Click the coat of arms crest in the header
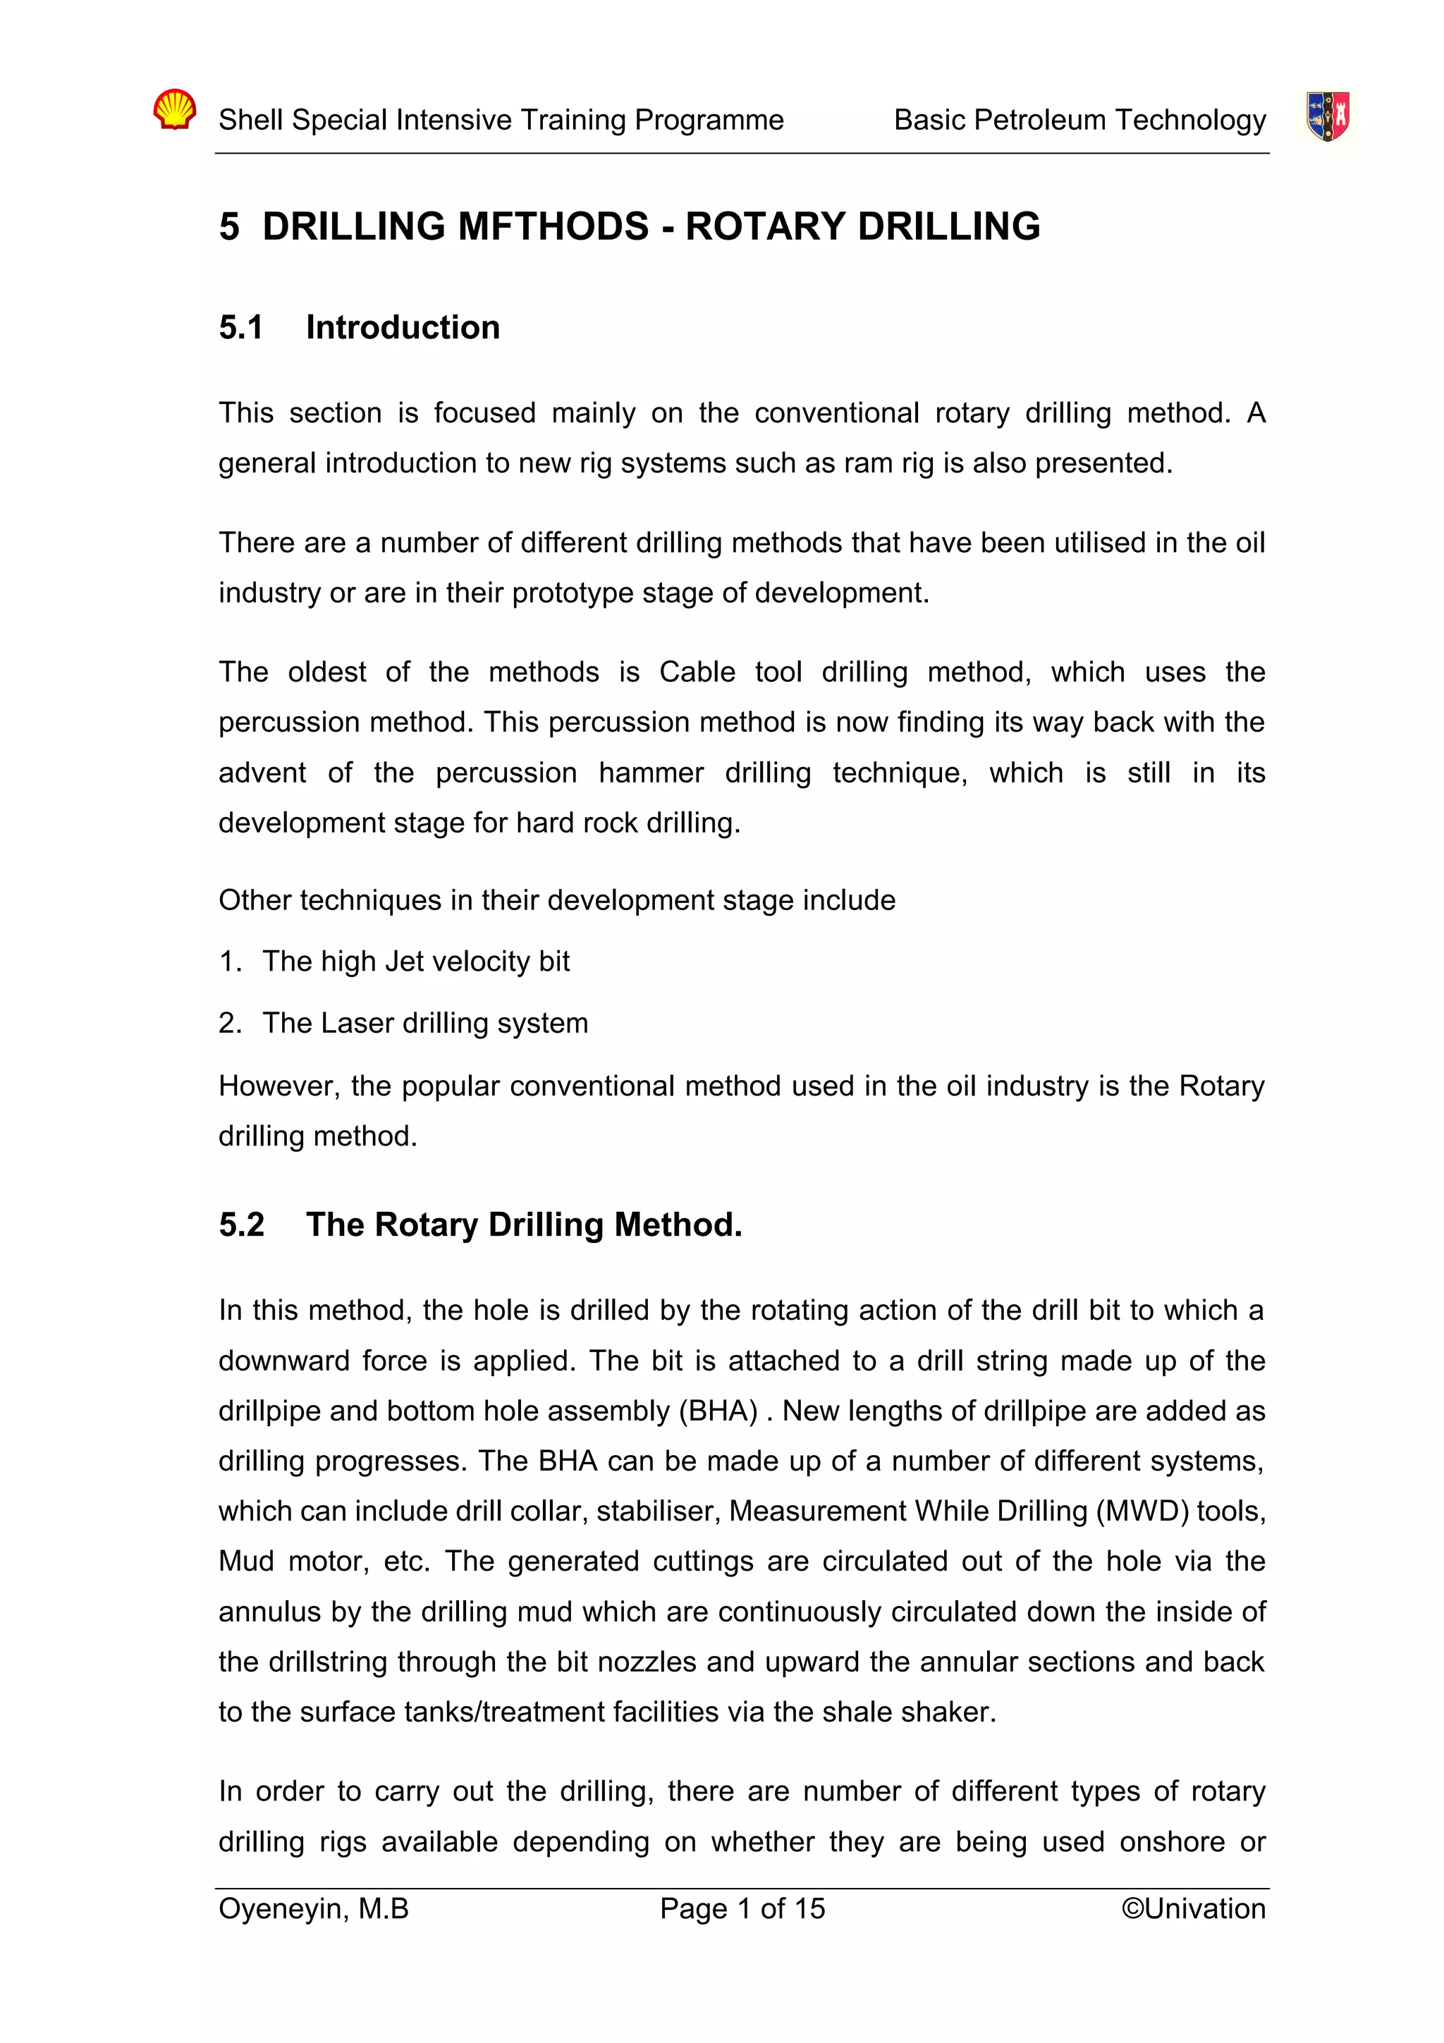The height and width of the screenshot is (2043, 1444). [1328, 116]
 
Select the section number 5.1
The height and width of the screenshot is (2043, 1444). [241, 327]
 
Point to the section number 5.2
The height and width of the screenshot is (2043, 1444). [241, 1225]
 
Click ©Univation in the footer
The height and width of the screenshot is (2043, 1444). [1192, 1908]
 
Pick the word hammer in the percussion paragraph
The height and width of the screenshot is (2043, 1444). [650, 773]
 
